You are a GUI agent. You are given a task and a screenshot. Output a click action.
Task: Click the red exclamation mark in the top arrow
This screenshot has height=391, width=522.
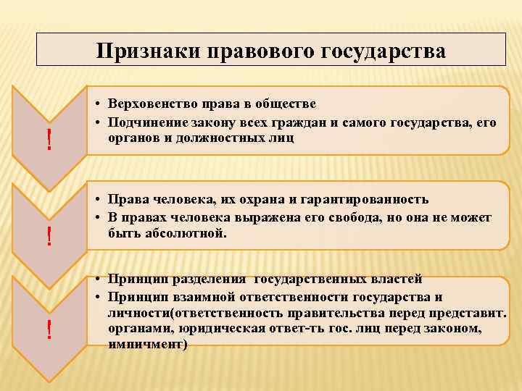point(49,140)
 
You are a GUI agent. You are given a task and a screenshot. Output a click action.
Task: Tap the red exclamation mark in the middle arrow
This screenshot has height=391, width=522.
point(49,235)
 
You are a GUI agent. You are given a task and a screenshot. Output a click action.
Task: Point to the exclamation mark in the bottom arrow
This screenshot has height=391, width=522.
point(49,330)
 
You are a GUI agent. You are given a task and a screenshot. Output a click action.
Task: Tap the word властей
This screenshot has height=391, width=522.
point(390,279)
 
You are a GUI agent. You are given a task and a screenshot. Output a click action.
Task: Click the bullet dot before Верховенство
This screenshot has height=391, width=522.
point(96,106)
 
